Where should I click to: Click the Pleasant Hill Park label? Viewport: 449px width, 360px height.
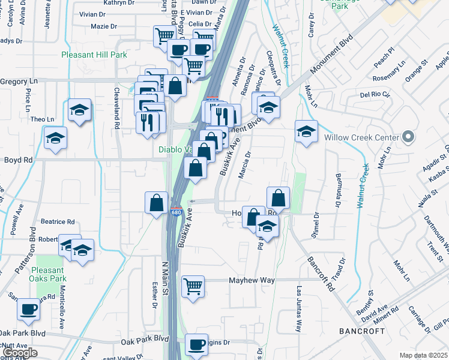coord(94,55)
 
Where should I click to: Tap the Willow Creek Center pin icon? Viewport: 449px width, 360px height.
coord(408,137)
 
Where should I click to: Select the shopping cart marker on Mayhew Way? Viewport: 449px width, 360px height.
coord(193,287)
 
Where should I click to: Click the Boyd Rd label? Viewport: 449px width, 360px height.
coord(19,160)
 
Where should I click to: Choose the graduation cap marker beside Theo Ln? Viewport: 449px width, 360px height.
coord(79,110)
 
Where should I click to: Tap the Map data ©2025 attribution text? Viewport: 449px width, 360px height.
coord(423,355)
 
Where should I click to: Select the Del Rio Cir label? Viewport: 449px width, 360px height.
coord(375,95)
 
